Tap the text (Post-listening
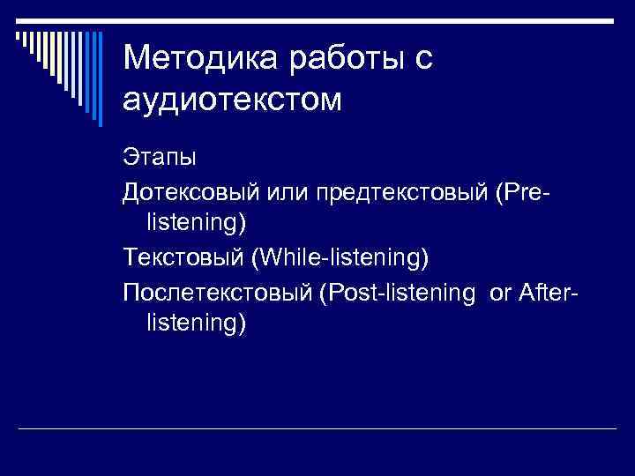tap(398, 291)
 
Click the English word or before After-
tap(499, 291)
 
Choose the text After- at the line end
tap(549, 291)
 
